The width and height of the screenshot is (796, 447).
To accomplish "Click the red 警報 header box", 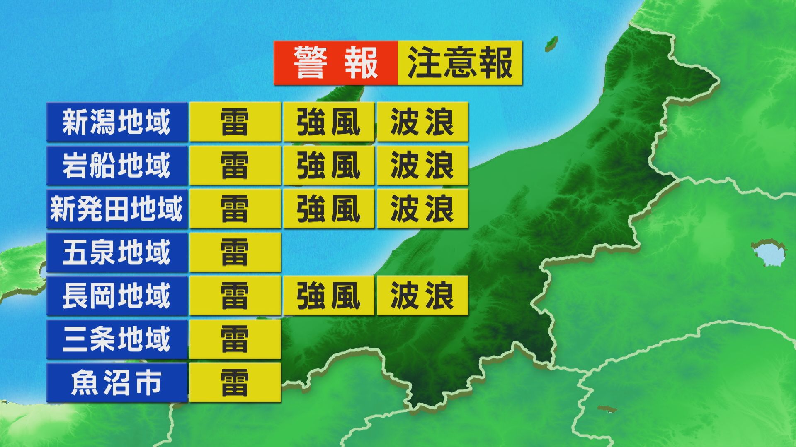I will tap(335, 63).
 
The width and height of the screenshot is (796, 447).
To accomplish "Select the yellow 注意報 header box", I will tap(460, 63).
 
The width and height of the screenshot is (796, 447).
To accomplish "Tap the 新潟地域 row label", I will tap(116, 122).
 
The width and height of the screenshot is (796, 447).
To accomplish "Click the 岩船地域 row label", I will tap(116, 166).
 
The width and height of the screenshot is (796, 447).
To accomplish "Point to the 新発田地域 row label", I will tap(116, 209).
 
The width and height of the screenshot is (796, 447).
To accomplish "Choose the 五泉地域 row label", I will tap(116, 252).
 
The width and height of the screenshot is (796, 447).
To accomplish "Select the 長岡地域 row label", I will tap(116, 296).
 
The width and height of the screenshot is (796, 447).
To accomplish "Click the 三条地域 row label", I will tap(116, 339).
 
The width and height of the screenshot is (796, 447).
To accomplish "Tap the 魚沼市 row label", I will tap(116, 383).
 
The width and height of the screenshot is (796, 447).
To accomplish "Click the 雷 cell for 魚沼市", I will tap(235, 383).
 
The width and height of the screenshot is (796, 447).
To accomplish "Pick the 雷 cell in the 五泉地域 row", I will tap(235, 252).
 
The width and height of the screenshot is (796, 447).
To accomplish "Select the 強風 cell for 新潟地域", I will tap(328, 122).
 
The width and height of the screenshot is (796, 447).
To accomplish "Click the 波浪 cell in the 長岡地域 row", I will tap(422, 296).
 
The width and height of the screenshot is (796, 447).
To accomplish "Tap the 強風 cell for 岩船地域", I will tap(328, 166).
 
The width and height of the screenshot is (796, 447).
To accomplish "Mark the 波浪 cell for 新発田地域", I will tap(422, 209).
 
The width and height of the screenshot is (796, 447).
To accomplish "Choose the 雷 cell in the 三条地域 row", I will tap(235, 339).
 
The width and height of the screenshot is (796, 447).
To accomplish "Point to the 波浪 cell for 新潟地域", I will tap(422, 122).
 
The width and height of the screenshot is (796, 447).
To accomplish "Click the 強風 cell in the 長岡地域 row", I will tap(328, 296).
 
